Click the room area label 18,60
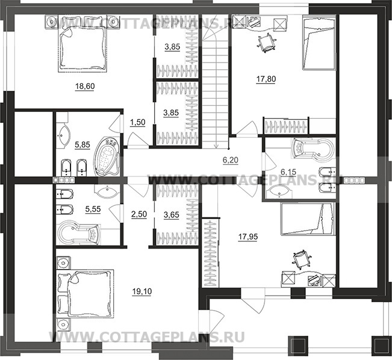(x=85, y=86)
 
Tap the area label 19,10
(x=142, y=291)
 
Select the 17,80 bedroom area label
(x=266, y=79)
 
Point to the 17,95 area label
(x=248, y=237)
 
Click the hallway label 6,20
(x=231, y=160)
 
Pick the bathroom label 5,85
(x=82, y=144)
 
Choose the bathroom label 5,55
(x=93, y=209)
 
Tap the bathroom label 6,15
(x=288, y=172)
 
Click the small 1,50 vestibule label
(x=138, y=122)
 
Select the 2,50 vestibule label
(x=139, y=214)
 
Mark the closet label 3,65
(x=172, y=214)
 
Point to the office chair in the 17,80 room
(x=267, y=42)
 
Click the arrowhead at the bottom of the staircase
(x=216, y=146)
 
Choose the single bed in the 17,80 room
(x=319, y=42)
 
